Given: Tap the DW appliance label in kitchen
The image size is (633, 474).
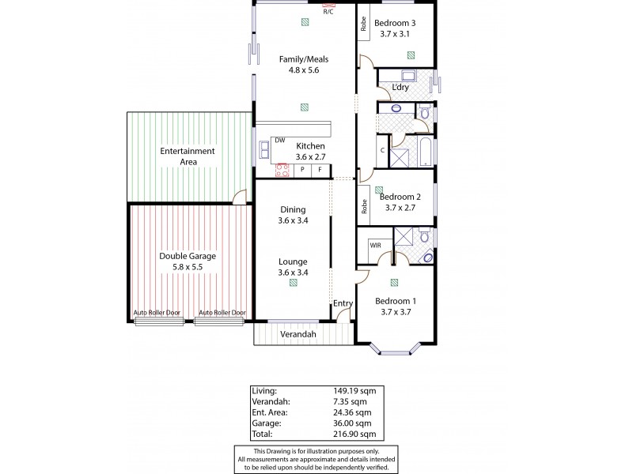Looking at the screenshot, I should [x=279, y=141].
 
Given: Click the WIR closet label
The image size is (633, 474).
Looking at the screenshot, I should [x=375, y=246].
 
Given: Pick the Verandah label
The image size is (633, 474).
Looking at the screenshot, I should [x=300, y=334].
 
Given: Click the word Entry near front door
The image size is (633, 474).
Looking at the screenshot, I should [x=342, y=303].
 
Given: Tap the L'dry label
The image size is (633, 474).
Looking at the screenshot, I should [x=400, y=87].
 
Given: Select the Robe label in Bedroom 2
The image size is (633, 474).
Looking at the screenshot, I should [x=364, y=206].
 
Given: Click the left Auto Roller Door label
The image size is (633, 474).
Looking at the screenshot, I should [x=157, y=313].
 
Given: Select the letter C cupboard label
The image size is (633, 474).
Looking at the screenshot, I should [x=383, y=149].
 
